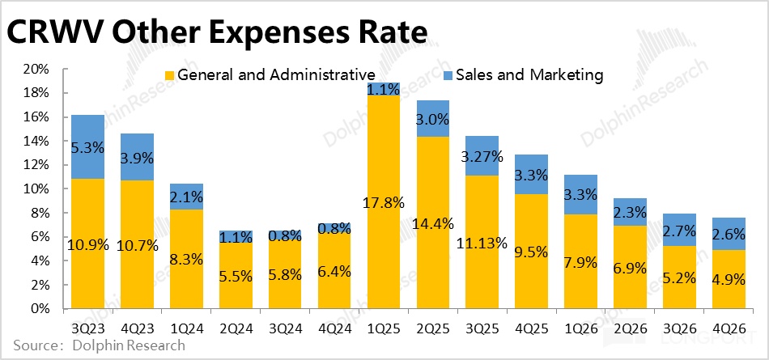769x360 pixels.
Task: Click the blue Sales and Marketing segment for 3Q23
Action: point(87,146)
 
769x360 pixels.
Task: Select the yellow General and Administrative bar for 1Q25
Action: point(384,202)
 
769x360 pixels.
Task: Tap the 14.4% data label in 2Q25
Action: point(433,223)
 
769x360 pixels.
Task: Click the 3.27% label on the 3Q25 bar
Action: point(482,158)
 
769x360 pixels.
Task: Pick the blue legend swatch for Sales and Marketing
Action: point(448,75)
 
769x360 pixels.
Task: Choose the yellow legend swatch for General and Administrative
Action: point(170,75)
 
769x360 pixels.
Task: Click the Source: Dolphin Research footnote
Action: point(100,345)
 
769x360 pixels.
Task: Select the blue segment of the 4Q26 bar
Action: point(729,234)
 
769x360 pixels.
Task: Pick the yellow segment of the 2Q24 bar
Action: point(236,276)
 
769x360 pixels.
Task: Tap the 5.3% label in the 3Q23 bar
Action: point(87,146)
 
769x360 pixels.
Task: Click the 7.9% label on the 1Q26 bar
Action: point(580,262)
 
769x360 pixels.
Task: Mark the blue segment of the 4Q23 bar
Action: point(138,157)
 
